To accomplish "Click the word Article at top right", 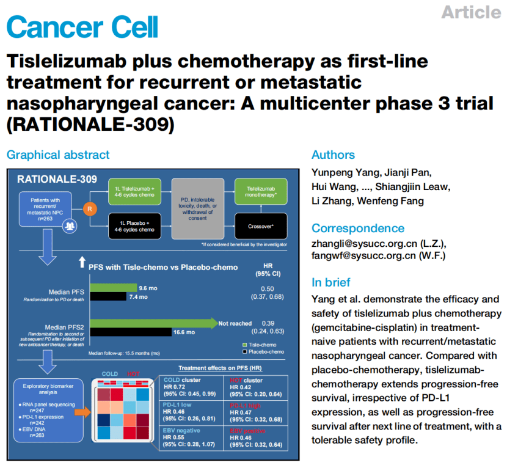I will (x=470, y=12).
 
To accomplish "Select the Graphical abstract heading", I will (x=58, y=155).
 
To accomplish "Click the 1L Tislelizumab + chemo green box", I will (x=134, y=191).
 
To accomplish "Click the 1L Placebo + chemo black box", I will (x=134, y=225).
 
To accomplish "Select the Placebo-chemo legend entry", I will (x=264, y=352).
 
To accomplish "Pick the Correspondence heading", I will (x=358, y=228).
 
